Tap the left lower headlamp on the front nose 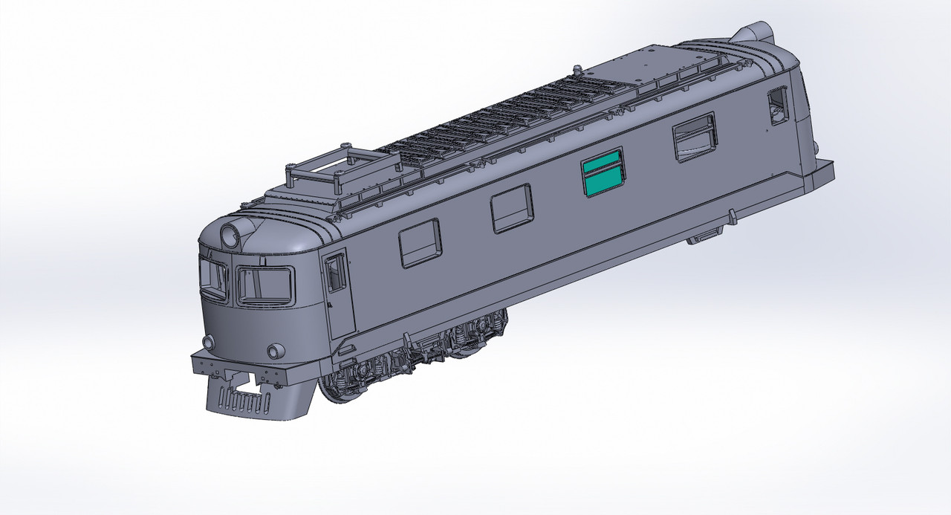coord(208,342)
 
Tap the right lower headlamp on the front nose coord(276,350)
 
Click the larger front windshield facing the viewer coord(264,285)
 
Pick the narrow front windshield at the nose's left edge coord(212,278)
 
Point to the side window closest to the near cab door coord(420,243)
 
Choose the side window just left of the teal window coord(512,208)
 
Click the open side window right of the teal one coord(695,137)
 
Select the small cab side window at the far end coord(778,105)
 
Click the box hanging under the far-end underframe coord(704,236)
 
